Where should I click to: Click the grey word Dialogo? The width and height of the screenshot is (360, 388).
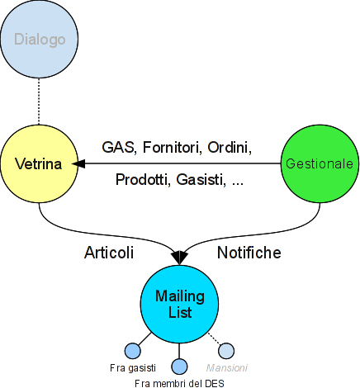click(x=40, y=40)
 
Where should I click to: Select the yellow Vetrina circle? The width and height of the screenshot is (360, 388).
click(x=39, y=163)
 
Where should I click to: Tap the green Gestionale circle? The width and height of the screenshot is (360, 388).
click(x=320, y=163)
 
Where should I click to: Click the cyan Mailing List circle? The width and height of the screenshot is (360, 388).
click(x=179, y=304)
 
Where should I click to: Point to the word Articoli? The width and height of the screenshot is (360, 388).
click(x=109, y=253)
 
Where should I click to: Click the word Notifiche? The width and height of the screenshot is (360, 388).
click(x=249, y=253)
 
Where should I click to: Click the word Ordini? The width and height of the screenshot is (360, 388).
click(x=230, y=147)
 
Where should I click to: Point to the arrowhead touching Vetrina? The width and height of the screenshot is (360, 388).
click(x=78, y=164)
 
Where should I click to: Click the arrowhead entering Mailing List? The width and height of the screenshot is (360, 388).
click(x=179, y=258)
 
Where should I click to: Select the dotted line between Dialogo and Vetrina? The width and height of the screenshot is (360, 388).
click(x=39, y=102)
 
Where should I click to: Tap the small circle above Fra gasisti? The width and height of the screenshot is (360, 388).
click(x=133, y=351)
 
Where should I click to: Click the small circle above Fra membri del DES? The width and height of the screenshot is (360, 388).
click(x=179, y=367)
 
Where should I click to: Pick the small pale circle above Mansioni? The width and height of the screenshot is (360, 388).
click(x=226, y=351)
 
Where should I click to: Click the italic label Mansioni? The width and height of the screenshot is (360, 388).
click(x=227, y=368)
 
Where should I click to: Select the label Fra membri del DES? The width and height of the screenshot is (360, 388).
click(x=179, y=383)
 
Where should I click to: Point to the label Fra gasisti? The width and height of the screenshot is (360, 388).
click(x=133, y=368)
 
